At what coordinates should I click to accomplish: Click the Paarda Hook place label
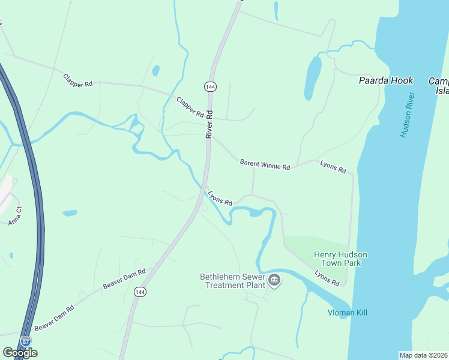(386, 80)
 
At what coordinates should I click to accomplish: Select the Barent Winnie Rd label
(265, 163)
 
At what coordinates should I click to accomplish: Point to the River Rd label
(209, 124)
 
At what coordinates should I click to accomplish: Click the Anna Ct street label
(15, 216)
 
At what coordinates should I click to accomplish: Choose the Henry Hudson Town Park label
(340, 259)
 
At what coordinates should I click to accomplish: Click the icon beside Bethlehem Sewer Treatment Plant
(274, 280)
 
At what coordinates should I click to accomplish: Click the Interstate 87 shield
(25, 341)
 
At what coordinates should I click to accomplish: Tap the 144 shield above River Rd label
(209, 87)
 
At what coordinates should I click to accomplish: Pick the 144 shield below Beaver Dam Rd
(140, 292)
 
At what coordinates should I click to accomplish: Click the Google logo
(20, 353)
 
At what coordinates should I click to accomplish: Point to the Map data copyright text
(424, 355)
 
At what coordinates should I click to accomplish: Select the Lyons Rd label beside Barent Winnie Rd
(333, 167)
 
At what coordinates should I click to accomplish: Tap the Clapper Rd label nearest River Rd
(190, 106)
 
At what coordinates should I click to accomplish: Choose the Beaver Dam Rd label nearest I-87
(54, 317)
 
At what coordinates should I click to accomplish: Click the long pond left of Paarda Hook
(313, 78)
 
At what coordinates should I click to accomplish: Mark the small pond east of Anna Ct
(70, 212)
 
